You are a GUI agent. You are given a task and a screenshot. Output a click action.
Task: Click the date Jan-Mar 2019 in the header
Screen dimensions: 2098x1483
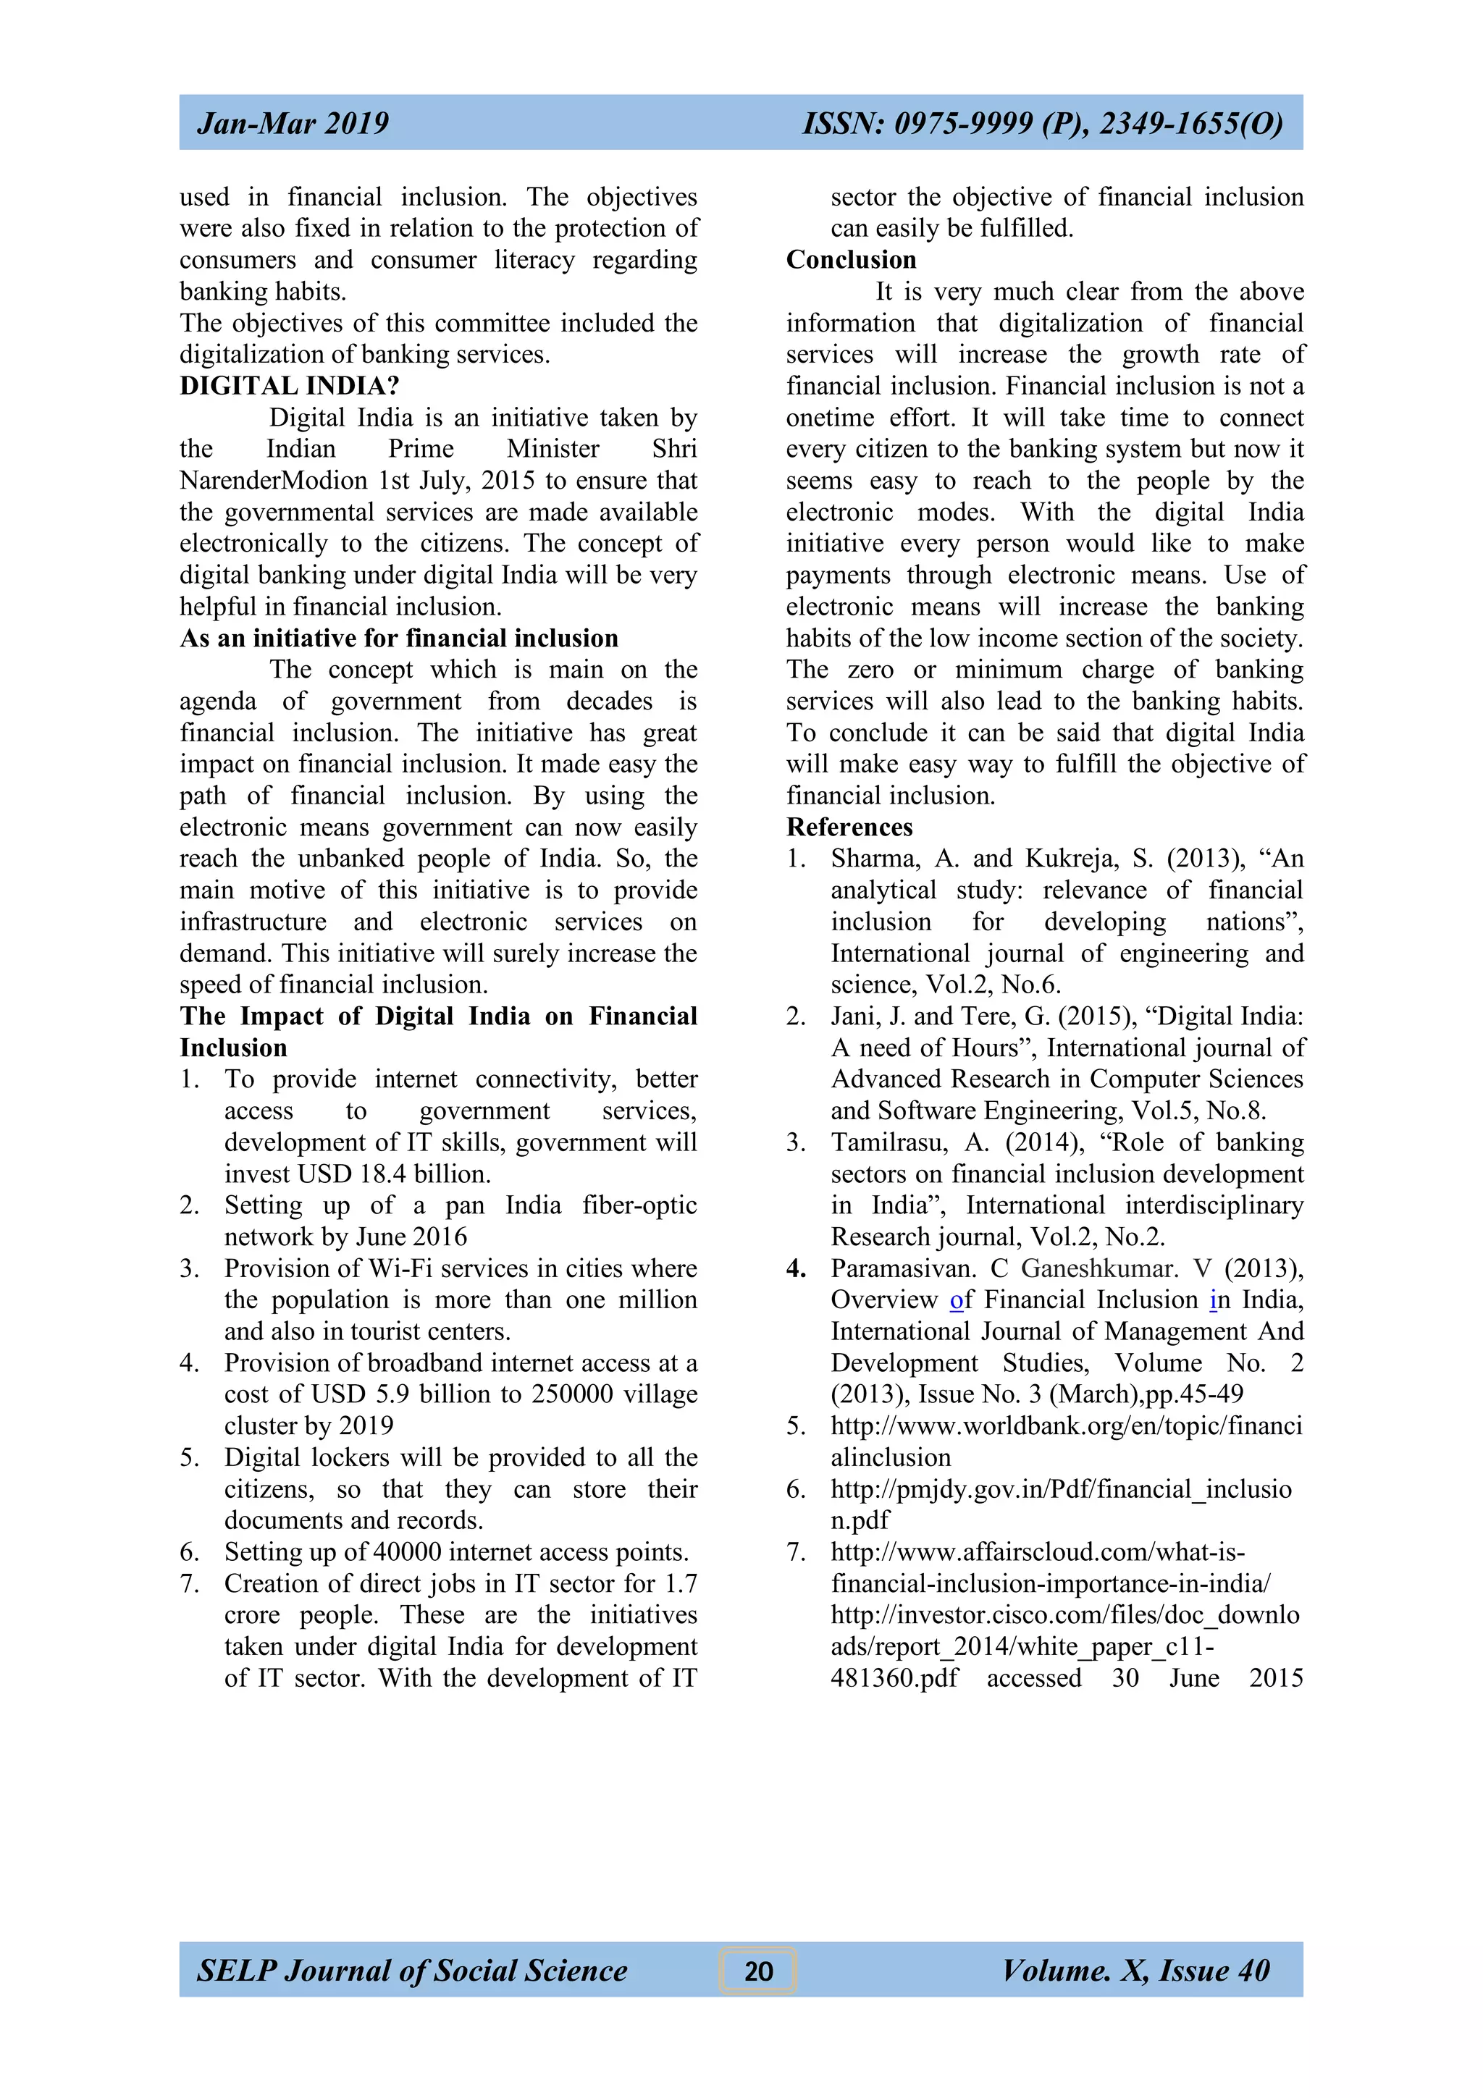click(x=293, y=123)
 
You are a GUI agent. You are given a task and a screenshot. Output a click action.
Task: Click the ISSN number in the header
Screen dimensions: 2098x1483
click(x=1042, y=123)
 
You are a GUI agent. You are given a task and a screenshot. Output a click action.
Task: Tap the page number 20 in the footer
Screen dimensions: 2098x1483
click(x=757, y=1971)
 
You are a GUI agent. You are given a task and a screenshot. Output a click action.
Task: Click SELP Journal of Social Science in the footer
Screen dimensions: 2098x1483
click(x=412, y=1971)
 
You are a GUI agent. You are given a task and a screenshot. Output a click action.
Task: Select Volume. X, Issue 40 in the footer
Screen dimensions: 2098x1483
click(x=1135, y=1971)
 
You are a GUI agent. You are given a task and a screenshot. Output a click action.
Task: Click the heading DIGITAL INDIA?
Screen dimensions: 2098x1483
click(x=289, y=386)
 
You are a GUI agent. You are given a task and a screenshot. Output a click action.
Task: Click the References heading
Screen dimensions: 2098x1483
click(x=849, y=827)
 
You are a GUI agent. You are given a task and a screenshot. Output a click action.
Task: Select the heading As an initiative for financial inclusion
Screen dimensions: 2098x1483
click(x=398, y=638)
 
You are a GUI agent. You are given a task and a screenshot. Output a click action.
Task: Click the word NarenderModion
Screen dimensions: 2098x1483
click(x=273, y=481)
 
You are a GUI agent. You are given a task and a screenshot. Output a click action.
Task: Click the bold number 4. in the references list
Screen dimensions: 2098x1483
click(x=796, y=1268)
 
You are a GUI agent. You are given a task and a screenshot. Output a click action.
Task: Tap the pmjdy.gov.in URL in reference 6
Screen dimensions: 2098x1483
click(x=1060, y=1489)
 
